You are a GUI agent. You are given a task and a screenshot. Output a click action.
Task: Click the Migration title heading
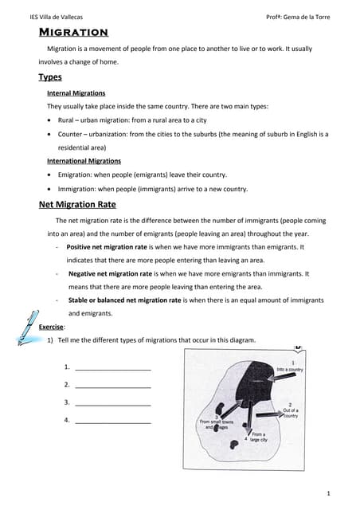tap(73, 33)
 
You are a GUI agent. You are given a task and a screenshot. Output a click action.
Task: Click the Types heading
tap(50, 77)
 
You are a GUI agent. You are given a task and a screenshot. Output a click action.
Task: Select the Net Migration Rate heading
tap(78, 204)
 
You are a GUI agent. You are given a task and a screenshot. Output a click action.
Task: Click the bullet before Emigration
tap(50, 175)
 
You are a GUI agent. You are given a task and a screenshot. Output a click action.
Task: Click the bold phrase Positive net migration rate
tap(112, 247)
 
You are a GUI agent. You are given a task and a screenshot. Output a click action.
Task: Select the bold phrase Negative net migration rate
tap(113, 273)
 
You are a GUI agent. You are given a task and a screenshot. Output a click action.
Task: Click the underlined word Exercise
tap(52, 327)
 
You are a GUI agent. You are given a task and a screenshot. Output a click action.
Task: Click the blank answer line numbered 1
tap(112, 368)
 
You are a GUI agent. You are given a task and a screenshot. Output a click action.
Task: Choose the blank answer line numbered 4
tap(112, 421)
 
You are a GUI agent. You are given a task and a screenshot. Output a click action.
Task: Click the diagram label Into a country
tap(289, 370)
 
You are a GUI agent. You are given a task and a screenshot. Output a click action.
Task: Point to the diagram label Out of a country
tap(291, 413)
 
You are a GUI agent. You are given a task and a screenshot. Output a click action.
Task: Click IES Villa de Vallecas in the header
tap(56, 17)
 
